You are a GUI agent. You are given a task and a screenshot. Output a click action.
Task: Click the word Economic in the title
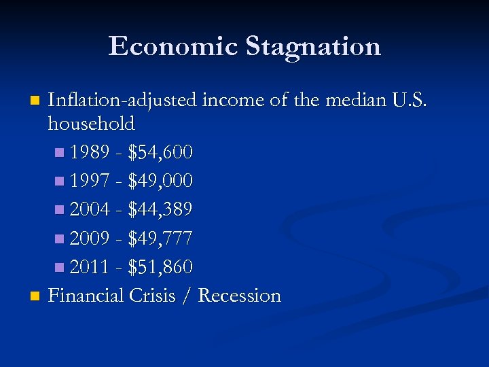click(x=173, y=47)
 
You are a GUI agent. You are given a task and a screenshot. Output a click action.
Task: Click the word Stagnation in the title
click(x=313, y=47)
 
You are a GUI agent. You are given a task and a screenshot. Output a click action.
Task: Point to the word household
click(x=92, y=124)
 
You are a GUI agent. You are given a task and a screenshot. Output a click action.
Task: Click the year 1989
click(x=90, y=153)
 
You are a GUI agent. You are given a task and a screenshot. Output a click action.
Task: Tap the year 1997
click(x=90, y=181)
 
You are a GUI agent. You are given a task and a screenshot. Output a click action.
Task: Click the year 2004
click(x=90, y=210)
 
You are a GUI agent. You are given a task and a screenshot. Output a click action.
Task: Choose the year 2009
click(x=90, y=239)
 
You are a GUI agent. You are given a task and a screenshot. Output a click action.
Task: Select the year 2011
click(x=90, y=267)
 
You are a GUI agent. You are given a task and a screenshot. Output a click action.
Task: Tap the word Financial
click(x=86, y=296)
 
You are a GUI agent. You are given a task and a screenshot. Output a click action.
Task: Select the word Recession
click(x=240, y=296)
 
